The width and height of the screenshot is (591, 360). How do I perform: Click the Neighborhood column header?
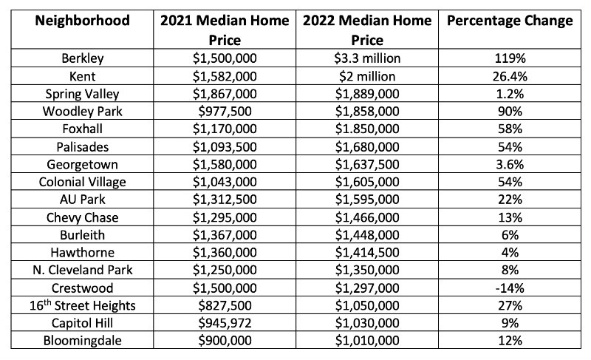click(x=82, y=21)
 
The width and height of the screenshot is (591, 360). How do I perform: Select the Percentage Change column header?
click(x=510, y=21)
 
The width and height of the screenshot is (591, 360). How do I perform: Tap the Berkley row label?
click(x=82, y=58)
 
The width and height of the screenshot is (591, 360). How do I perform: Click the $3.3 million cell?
click(x=367, y=58)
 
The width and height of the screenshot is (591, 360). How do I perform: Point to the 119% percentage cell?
click(x=510, y=58)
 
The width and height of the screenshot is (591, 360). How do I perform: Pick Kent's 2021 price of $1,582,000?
click(x=225, y=77)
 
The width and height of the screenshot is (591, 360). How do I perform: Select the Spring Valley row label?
click(x=82, y=94)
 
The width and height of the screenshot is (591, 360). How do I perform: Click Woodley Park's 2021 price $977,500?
click(x=225, y=112)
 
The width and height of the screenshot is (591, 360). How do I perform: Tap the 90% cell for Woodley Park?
click(x=510, y=112)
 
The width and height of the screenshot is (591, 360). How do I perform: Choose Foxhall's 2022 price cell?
click(x=367, y=129)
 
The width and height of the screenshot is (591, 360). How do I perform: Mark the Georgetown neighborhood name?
click(x=82, y=165)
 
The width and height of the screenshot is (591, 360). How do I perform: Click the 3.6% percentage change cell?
click(x=510, y=165)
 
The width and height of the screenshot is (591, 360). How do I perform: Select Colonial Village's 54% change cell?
click(x=510, y=182)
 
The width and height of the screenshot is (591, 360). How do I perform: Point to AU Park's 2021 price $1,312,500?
click(x=225, y=200)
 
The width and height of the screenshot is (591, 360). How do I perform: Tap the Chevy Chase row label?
click(x=82, y=218)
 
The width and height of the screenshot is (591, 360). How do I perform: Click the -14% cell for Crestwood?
click(x=510, y=288)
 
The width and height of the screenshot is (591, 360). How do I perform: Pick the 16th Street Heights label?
click(x=82, y=305)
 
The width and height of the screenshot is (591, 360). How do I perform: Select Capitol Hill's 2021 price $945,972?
click(x=225, y=323)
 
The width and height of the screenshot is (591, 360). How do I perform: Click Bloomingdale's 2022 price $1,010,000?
click(x=367, y=340)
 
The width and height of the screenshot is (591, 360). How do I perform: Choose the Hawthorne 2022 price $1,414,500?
click(x=367, y=253)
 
